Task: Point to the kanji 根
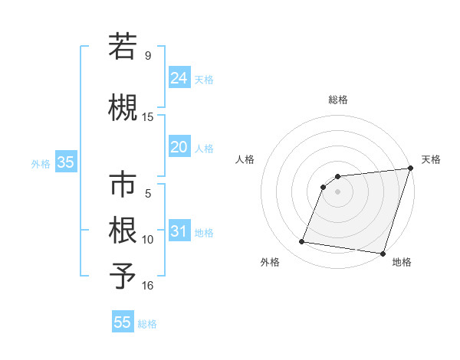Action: [123, 230]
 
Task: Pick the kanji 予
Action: [123, 276]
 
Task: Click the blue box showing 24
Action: [179, 78]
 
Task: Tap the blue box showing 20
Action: [179, 147]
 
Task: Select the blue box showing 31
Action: [179, 231]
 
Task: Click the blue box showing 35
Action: [65, 162]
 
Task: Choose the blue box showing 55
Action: [123, 322]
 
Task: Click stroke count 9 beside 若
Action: [148, 56]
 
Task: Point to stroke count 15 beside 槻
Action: [148, 117]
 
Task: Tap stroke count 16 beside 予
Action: [148, 286]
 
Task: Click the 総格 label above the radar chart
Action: [337, 100]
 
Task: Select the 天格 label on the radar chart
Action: [431, 159]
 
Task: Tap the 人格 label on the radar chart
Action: [245, 159]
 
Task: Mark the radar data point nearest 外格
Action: [302, 242]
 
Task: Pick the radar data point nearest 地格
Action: [383, 254]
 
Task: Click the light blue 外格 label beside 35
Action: [41, 163]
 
